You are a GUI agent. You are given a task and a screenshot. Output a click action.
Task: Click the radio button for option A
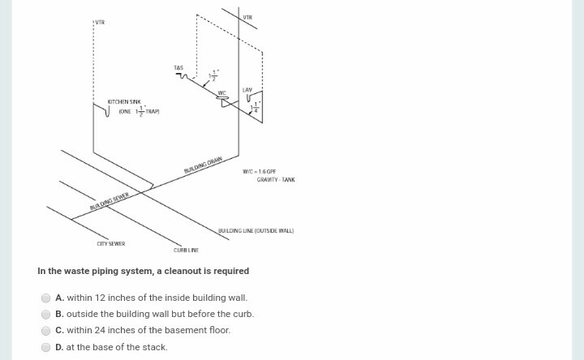pos(46,298)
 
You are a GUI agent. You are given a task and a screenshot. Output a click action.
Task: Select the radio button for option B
pos(46,314)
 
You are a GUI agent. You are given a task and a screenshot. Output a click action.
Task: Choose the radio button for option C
pos(46,330)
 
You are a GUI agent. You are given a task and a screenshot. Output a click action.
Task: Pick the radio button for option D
pos(46,347)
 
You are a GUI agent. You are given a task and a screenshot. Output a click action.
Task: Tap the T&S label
pos(178,67)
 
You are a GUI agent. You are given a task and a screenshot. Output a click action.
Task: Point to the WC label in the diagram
pos(221,92)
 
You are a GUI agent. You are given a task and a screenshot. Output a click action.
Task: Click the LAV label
pos(247,88)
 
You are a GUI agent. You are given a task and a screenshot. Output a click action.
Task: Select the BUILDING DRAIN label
pos(203,167)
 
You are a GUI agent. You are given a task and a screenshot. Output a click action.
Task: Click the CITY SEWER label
pos(111,243)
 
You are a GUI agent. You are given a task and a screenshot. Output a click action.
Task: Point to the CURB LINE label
pos(186,251)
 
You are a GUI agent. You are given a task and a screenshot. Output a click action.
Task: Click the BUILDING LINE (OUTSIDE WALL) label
pos(255,230)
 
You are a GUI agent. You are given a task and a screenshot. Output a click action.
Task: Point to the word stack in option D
pos(155,347)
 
